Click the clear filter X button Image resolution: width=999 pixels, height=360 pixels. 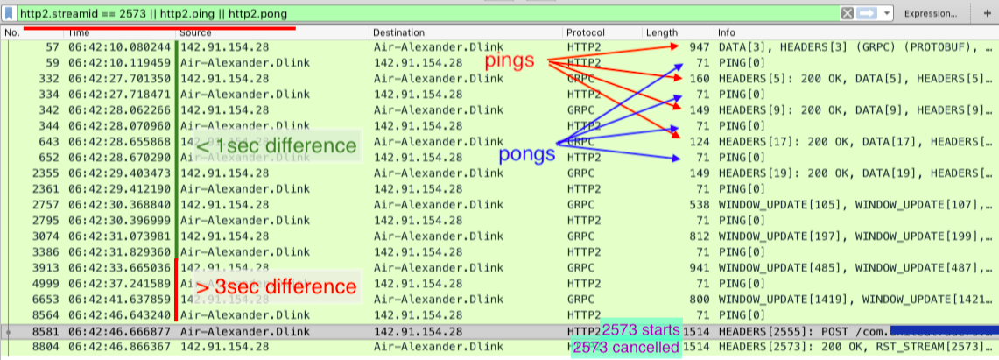coord(847,14)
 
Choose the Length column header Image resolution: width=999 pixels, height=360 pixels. coord(662,32)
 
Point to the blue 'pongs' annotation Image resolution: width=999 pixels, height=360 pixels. coord(527,155)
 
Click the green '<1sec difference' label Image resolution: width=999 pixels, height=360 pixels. coord(276,146)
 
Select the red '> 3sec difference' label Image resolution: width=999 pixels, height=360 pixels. coord(276,286)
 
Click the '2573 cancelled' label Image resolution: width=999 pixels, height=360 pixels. coord(626,348)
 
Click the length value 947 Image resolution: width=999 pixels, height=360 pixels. coord(699,46)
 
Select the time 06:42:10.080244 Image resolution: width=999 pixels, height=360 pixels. coord(121,46)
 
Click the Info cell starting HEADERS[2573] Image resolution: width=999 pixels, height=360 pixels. coord(854,348)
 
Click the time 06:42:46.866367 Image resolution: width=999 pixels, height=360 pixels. coord(121,348)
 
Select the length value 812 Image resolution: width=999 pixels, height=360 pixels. coord(699,236)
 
